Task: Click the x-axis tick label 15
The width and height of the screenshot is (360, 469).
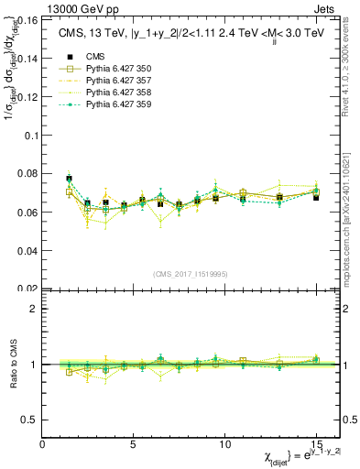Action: (316, 444)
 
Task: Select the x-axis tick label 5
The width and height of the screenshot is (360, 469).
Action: (134, 444)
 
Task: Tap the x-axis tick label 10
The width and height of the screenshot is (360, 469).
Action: (225, 444)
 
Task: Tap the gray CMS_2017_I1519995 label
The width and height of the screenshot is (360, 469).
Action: (191, 274)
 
